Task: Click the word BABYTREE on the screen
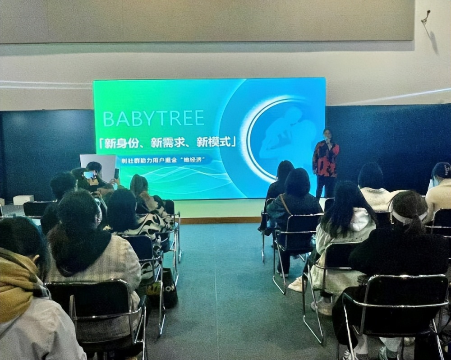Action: click(153, 118)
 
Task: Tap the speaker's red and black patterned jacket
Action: click(326, 159)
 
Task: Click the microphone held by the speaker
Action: click(328, 141)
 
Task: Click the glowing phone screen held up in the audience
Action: click(89, 175)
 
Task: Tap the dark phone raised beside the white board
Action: click(116, 173)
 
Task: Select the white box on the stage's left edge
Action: click(23, 199)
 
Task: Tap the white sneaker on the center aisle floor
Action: click(296, 284)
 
